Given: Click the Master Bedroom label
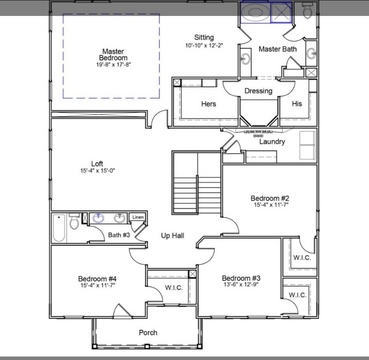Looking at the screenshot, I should coord(113,54).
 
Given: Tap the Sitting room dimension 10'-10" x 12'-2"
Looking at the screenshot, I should coord(204,45).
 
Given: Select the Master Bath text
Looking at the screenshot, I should coord(277,49).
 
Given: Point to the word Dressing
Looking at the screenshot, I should coord(258,91).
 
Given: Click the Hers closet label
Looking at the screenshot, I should coord(209,104).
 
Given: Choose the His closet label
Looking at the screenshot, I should coord(297,104).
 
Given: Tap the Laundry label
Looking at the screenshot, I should coord(272,142).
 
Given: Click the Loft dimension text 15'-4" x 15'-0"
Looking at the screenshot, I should coord(97,171).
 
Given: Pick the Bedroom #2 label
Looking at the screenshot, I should coord(269,198).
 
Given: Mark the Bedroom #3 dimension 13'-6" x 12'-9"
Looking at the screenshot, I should coord(241,284).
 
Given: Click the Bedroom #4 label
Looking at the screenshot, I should coord(97,278).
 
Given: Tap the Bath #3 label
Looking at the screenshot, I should coord(119,235).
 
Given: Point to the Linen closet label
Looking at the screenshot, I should coord(137,217).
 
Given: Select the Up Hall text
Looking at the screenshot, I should coord(173,235).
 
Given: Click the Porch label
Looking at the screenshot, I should coord(148,333).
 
